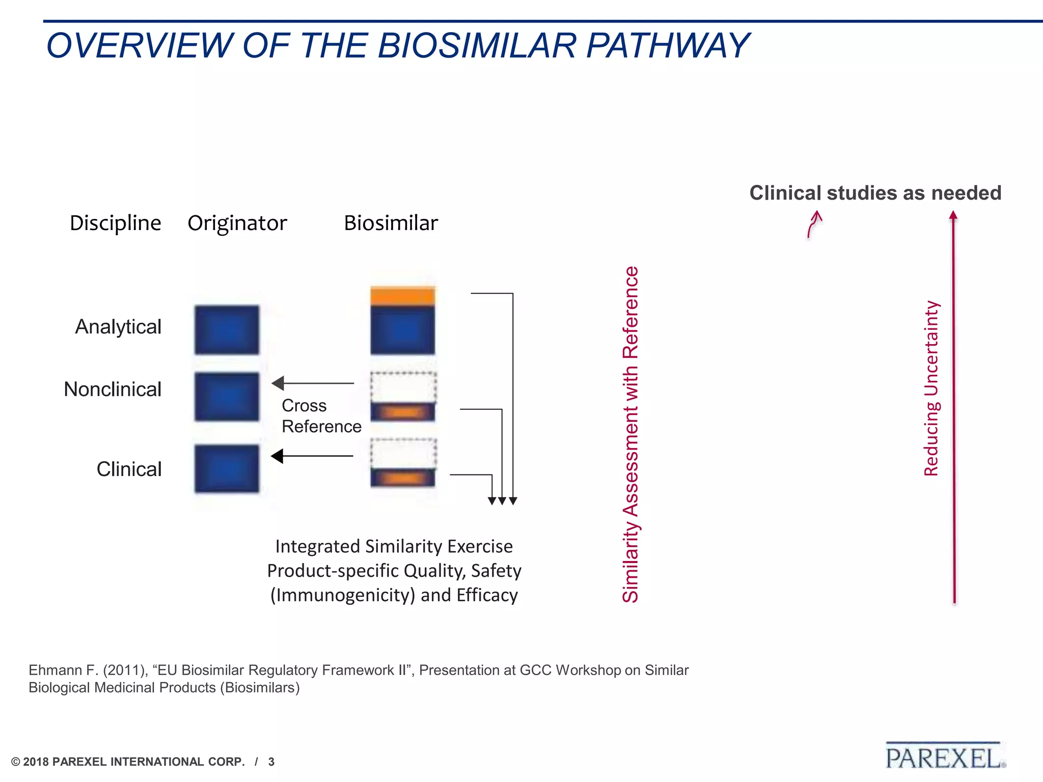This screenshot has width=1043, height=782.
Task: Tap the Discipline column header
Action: (115, 223)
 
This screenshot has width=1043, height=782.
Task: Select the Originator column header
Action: (237, 223)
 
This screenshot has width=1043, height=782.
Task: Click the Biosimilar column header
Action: (391, 223)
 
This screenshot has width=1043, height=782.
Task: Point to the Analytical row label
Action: (118, 327)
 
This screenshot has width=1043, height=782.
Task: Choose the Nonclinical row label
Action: (113, 389)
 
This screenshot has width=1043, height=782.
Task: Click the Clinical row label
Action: (129, 469)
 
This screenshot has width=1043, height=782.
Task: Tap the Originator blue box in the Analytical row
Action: (227, 330)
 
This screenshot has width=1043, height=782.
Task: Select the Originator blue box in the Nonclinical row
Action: (227, 397)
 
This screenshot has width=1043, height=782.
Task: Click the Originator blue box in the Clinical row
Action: (227, 468)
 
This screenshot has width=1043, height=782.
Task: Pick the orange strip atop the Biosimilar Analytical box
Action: (402, 296)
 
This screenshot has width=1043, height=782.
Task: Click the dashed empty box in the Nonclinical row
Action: (403, 387)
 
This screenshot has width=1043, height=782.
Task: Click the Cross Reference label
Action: (321, 416)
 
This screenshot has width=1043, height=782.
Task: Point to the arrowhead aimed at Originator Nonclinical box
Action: (279, 383)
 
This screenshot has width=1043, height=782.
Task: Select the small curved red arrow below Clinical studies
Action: (814, 225)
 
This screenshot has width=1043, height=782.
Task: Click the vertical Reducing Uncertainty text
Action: (931, 388)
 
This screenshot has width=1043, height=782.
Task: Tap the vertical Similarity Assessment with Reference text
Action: (630, 434)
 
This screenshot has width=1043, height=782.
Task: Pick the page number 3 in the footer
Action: (271, 762)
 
